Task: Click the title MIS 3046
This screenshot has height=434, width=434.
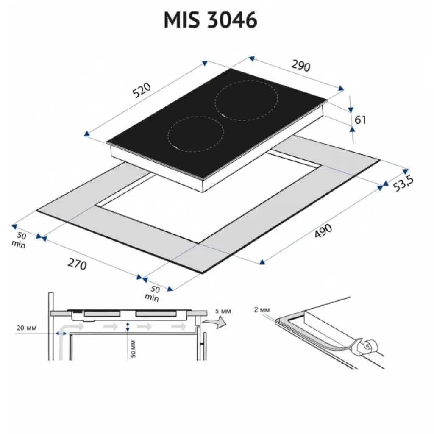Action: click(x=211, y=20)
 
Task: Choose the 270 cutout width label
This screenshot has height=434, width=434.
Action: click(x=77, y=264)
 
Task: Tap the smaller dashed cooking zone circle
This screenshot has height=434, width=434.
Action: click(x=195, y=134)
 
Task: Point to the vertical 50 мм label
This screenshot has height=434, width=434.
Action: click(x=133, y=348)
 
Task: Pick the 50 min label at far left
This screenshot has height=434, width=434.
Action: click(x=19, y=240)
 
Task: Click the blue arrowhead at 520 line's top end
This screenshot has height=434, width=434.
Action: click(x=205, y=63)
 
